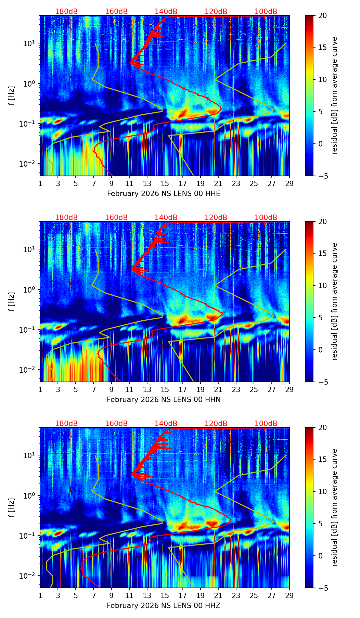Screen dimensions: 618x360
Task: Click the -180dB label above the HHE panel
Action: click(65, 12)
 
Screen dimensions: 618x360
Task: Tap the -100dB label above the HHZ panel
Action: click(265, 424)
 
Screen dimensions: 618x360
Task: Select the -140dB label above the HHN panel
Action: click(165, 218)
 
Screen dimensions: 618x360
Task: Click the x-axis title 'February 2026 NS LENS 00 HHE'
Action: click(164, 194)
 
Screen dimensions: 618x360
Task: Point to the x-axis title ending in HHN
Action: click(164, 400)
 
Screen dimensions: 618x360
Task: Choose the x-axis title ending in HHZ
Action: click(164, 606)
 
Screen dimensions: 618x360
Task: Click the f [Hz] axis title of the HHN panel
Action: click(11, 301)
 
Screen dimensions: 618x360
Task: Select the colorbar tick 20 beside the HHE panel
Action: click(323, 15)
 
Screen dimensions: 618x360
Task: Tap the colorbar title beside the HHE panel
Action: click(335, 95)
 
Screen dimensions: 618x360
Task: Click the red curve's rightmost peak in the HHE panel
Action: click(221, 108)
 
